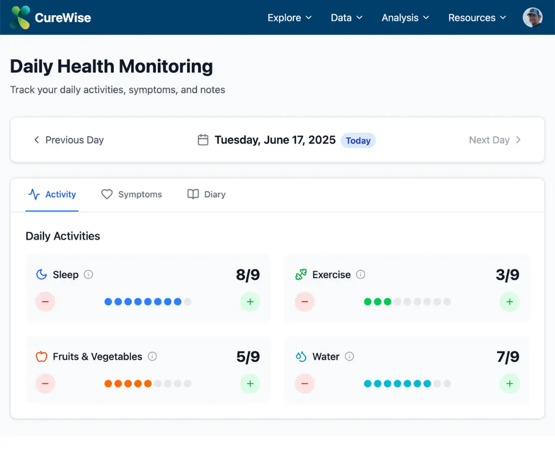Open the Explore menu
click(289, 18)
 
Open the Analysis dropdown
click(405, 18)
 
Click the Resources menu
click(477, 18)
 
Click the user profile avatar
click(532, 17)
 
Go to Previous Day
click(68, 140)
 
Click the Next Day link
click(495, 140)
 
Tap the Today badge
click(358, 140)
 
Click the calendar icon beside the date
click(203, 140)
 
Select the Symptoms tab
click(132, 195)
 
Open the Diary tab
click(206, 195)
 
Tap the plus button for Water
click(509, 384)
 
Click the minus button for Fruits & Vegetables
click(45, 384)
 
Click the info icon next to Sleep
click(89, 274)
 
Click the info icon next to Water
click(350, 356)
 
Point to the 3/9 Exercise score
click(507, 275)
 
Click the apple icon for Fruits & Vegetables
click(42, 356)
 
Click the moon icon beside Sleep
click(42, 274)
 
